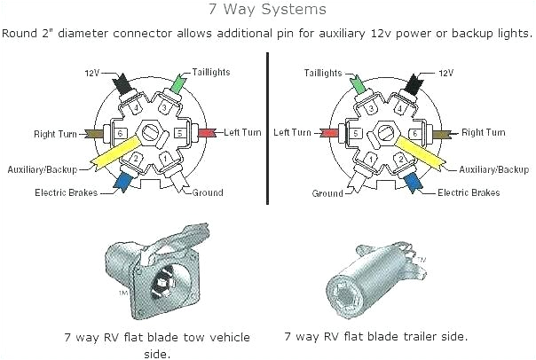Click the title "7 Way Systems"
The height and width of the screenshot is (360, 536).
point(267,11)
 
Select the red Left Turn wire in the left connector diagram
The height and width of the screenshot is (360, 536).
point(207,133)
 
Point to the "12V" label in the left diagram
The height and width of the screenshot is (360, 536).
point(92,72)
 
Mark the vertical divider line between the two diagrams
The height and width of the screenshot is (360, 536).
point(267,129)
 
